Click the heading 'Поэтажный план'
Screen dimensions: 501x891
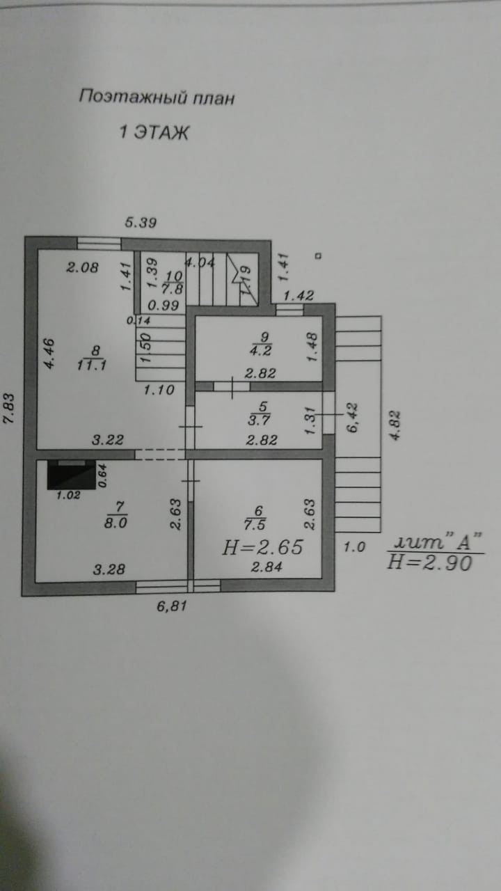(157, 97)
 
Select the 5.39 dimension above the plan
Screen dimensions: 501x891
(141, 223)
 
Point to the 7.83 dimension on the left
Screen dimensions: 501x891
(10, 415)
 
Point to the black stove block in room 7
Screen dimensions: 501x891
(71, 475)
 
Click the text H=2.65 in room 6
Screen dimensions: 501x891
(262, 548)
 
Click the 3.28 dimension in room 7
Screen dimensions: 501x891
(109, 569)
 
